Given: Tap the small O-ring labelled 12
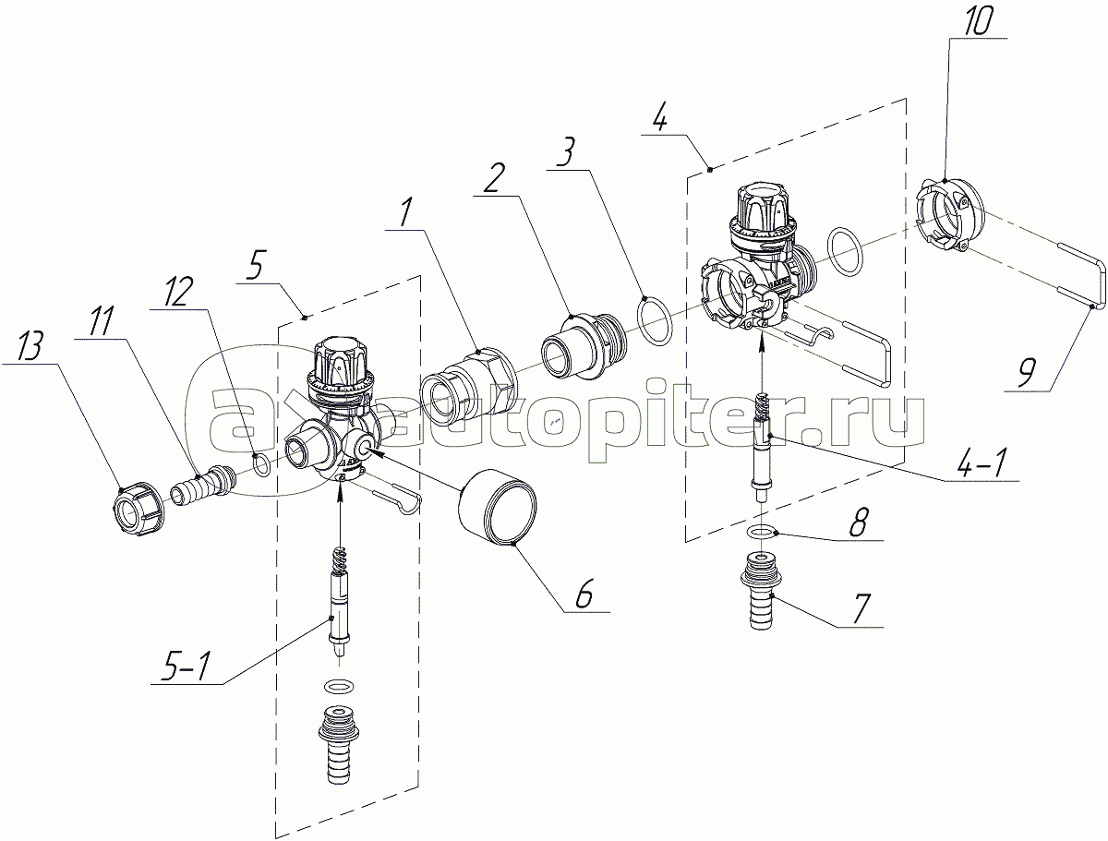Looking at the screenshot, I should pos(262,463).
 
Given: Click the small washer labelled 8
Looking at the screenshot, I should pos(761,533).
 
